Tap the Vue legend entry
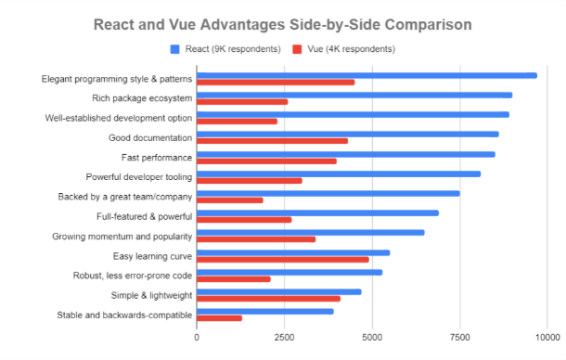336,48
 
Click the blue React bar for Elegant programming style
367,75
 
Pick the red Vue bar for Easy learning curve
283,260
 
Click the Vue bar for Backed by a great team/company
230,199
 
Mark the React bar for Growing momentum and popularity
311,232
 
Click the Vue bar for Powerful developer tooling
250,180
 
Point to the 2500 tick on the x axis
284,339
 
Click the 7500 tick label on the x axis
459,339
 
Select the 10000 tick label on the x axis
545,339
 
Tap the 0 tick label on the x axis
197,339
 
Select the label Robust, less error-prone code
133,276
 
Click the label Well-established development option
119,118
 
